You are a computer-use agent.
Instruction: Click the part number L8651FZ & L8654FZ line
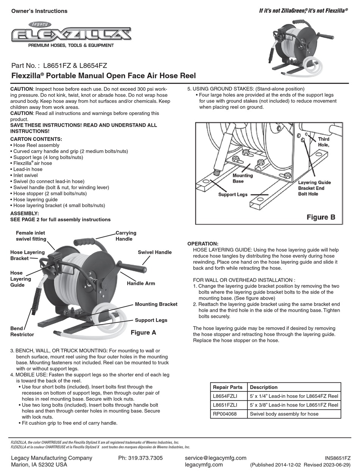coord(59,65)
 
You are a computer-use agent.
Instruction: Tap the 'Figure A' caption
coord(143,333)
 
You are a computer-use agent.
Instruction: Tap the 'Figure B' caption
coord(321,217)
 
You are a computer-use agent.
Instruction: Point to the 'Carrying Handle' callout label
coord(126,236)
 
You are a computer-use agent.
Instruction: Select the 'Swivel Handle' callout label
coord(155,252)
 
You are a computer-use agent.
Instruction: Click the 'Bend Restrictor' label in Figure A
coord(22,331)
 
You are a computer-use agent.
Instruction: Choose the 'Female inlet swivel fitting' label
coord(31,236)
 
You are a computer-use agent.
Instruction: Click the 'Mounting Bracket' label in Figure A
coord(156,304)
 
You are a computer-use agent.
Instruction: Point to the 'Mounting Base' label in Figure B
coord(243,178)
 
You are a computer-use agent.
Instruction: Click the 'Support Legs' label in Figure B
coord(232,195)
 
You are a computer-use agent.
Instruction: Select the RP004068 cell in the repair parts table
coord(225,414)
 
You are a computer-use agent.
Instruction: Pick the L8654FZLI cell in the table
coord(225,396)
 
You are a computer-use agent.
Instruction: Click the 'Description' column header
coord(264,387)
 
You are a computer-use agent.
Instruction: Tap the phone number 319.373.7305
coord(140,458)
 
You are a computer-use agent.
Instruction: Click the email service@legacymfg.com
coord(215,458)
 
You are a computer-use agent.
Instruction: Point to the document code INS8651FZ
coord(338,458)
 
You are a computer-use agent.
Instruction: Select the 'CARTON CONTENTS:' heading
coord(36,139)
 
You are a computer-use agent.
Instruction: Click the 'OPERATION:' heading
coord(203,243)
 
